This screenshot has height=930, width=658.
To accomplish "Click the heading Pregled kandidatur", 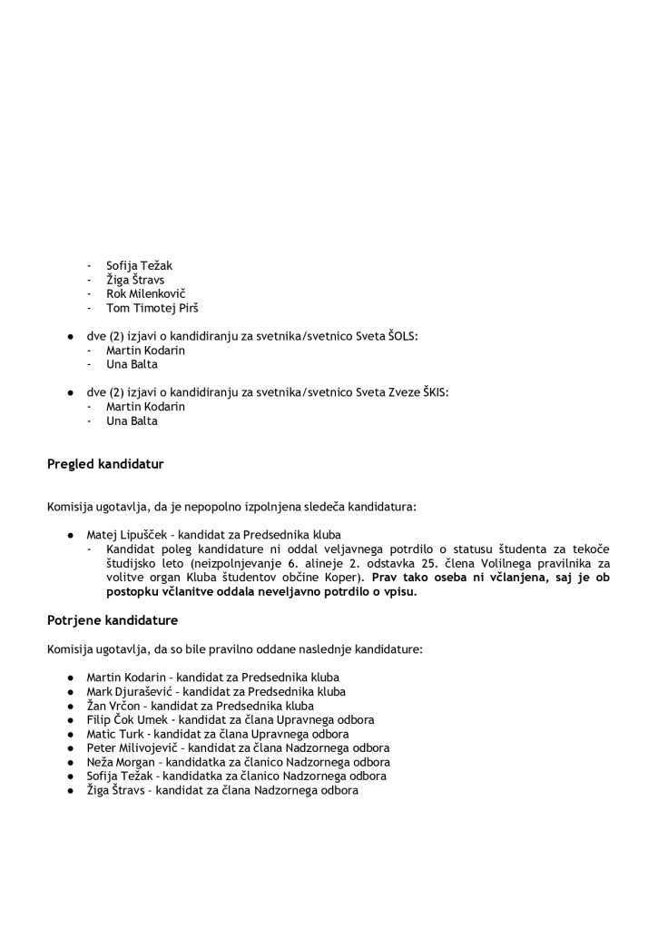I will pos(105,465).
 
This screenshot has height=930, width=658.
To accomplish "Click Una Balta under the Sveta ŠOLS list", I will pos(132,364).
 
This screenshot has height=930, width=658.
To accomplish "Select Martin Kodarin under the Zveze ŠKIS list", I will pos(145,407).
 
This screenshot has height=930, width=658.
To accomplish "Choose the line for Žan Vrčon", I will pos(200,706).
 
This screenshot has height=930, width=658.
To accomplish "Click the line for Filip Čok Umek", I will pos(230,720).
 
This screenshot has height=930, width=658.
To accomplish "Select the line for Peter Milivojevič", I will pos(238,748).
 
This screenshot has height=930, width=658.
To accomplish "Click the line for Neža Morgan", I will pos(238,762).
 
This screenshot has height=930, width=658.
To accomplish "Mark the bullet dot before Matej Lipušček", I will pos(69,534).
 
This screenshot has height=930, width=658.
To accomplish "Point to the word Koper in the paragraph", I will pos(345,578).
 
